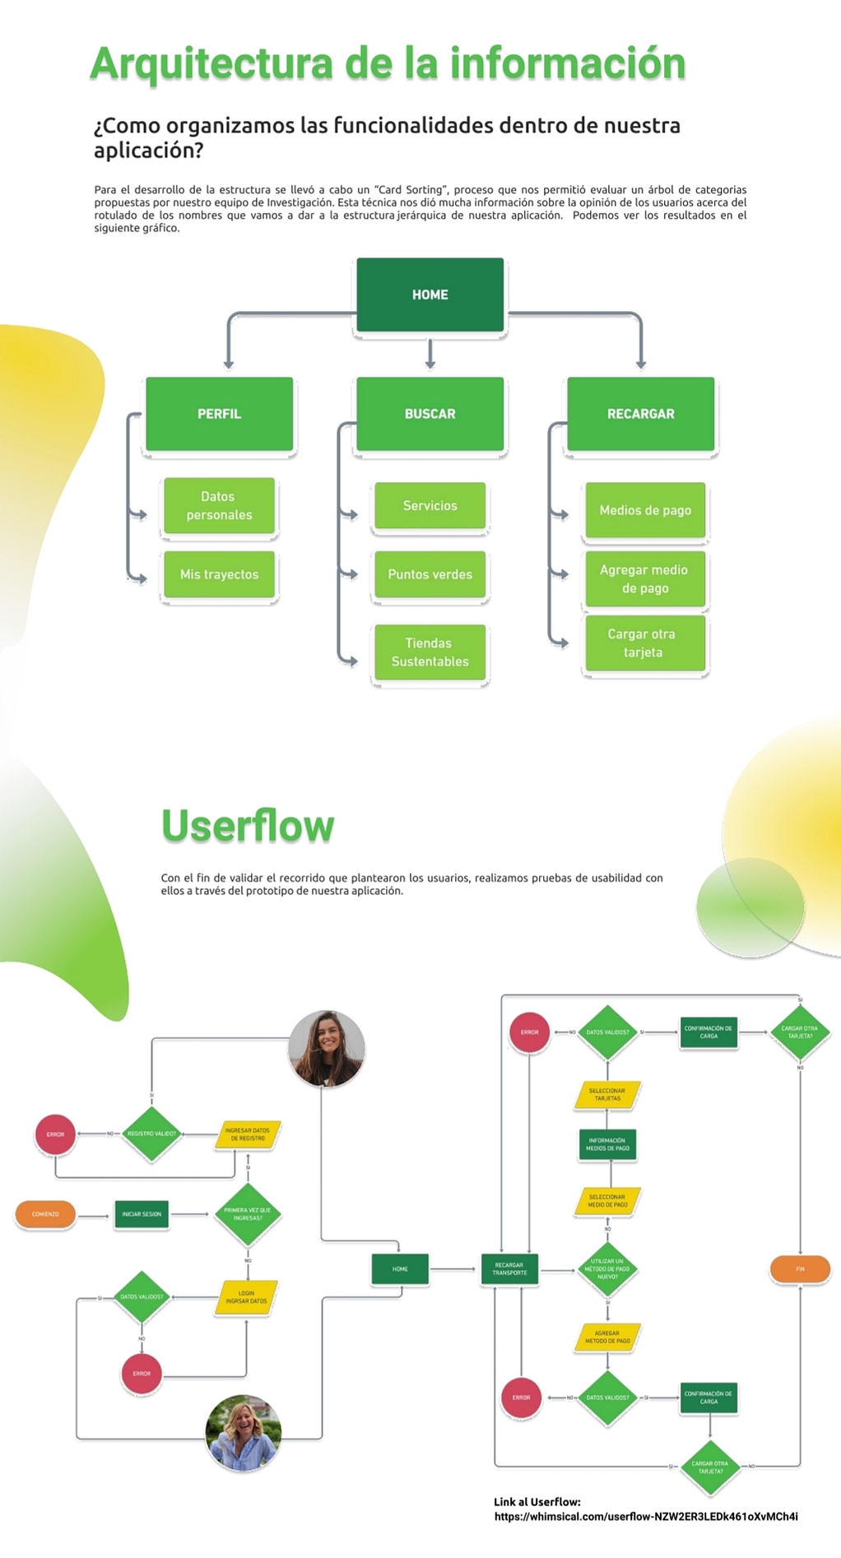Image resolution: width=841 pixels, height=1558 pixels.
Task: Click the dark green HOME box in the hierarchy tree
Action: (430, 294)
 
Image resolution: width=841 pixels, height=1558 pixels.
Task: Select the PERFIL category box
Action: (219, 414)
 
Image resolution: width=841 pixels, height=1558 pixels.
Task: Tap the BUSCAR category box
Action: (430, 414)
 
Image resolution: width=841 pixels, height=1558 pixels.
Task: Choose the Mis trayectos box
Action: (219, 574)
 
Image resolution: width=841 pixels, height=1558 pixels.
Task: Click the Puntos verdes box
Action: (430, 574)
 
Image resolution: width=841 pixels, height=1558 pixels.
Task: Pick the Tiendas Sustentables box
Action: (430, 652)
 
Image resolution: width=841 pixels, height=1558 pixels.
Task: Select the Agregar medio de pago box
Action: (645, 579)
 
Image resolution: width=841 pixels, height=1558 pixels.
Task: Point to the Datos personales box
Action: (219, 506)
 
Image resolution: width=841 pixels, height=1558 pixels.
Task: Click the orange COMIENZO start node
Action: (45, 1214)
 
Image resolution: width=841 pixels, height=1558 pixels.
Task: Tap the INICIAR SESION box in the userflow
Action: (142, 1214)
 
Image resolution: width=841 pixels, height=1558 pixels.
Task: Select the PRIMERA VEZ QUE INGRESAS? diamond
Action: (247, 1214)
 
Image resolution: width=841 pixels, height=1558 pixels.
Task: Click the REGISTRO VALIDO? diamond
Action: (151, 1134)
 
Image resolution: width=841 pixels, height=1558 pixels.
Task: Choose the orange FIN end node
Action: (800, 1269)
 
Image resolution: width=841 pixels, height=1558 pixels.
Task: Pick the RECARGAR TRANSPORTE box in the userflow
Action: (509, 1269)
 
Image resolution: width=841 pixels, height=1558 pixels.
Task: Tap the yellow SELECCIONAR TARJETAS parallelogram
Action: (607, 1095)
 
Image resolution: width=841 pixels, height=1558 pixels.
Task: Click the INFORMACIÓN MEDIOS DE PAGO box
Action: (607, 1144)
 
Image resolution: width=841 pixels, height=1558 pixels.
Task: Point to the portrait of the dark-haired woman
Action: (327, 1049)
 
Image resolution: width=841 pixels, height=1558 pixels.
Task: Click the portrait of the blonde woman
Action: (244, 1432)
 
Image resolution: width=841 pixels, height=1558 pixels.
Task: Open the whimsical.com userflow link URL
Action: (646, 1517)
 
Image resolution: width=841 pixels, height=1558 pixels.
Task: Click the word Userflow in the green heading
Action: (248, 826)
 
